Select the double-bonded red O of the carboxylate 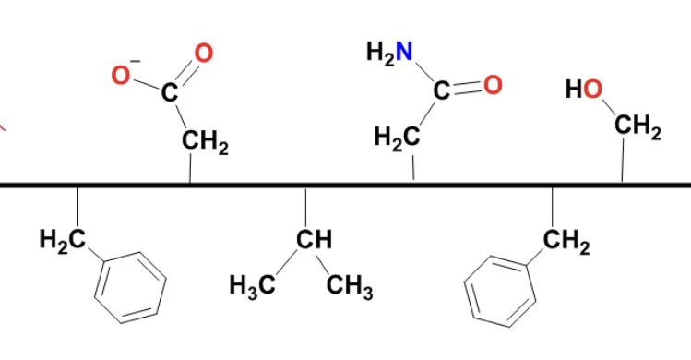(204, 53)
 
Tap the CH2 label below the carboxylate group (205, 142)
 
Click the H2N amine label (388, 53)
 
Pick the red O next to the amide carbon (492, 85)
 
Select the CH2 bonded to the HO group (637, 130)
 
